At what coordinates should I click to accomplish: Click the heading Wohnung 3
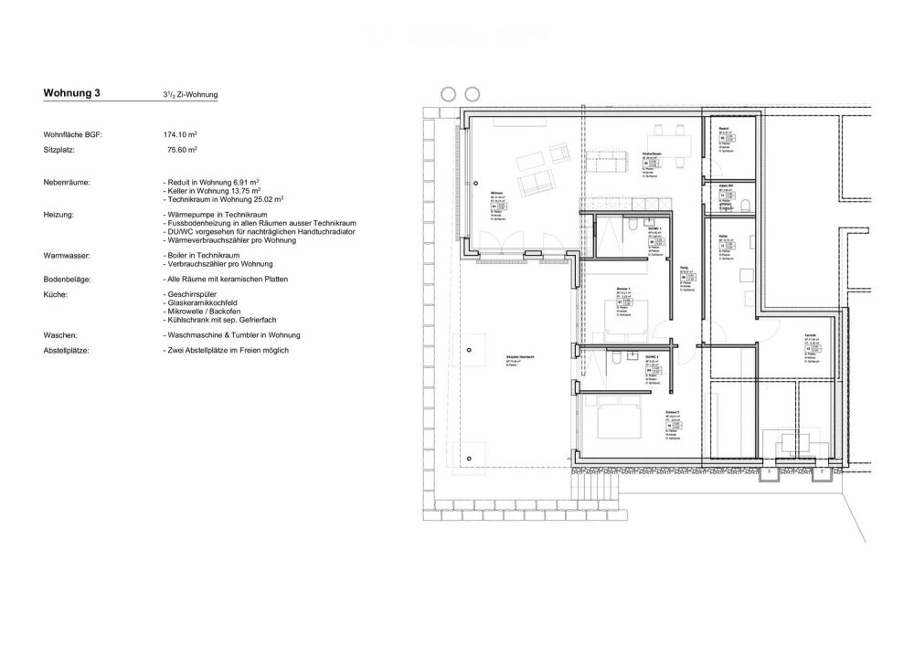pos(72,93)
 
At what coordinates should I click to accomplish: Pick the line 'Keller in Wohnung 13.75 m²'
pos(216,190)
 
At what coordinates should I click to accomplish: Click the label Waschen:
pos(61,335)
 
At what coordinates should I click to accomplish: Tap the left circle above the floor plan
pos(448,93)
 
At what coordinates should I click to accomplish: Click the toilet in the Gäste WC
pos(747,204)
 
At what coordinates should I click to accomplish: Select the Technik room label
pos(810,336)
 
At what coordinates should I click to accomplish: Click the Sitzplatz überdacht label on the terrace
pos(507,357)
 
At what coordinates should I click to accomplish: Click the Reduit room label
pos(723,129)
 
